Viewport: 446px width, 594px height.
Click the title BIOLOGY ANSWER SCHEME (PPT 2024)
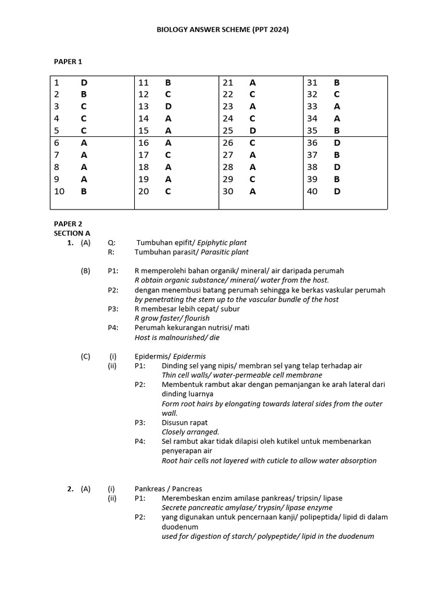click(224, 30)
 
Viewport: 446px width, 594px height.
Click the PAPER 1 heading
click(69, 61)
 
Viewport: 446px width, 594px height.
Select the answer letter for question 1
click(84, 82)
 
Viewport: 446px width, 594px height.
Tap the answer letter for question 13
click(168, 106)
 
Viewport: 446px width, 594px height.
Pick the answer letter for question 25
click(253, 130)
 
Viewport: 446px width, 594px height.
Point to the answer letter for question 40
click(337, 191)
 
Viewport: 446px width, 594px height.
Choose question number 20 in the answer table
click(143, 191)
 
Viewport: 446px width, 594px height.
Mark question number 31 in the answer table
click(312, 82)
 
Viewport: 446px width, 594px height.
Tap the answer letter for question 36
click(337, 143)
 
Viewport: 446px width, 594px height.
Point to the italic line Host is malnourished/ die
click(177, 337)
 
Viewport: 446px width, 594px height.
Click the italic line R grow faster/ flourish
click(172, 318)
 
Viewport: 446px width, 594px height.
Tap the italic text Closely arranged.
click(190, 432)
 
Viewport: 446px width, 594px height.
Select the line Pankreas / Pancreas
click(168, 489)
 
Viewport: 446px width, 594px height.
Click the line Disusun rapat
click(185, 422)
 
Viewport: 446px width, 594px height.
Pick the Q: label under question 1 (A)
click(111, 242)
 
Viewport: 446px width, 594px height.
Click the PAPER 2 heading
click(69, 223)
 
